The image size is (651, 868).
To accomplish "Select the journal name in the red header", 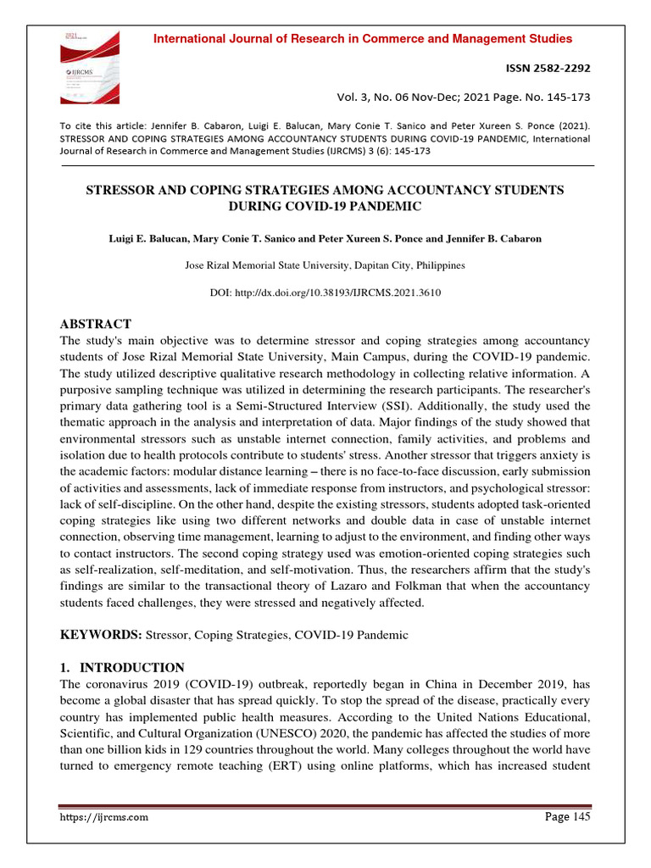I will click(x=361, y=39).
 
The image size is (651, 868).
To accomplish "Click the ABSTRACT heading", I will click(x=94, y=324).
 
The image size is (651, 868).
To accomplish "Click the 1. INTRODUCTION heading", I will click(x=121, y=667).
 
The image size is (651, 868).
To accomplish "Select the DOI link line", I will click(x=325, y=292).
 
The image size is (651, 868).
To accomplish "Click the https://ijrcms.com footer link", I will click(x=104, y=817).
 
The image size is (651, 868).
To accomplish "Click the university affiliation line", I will click(x=325, y=265).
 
